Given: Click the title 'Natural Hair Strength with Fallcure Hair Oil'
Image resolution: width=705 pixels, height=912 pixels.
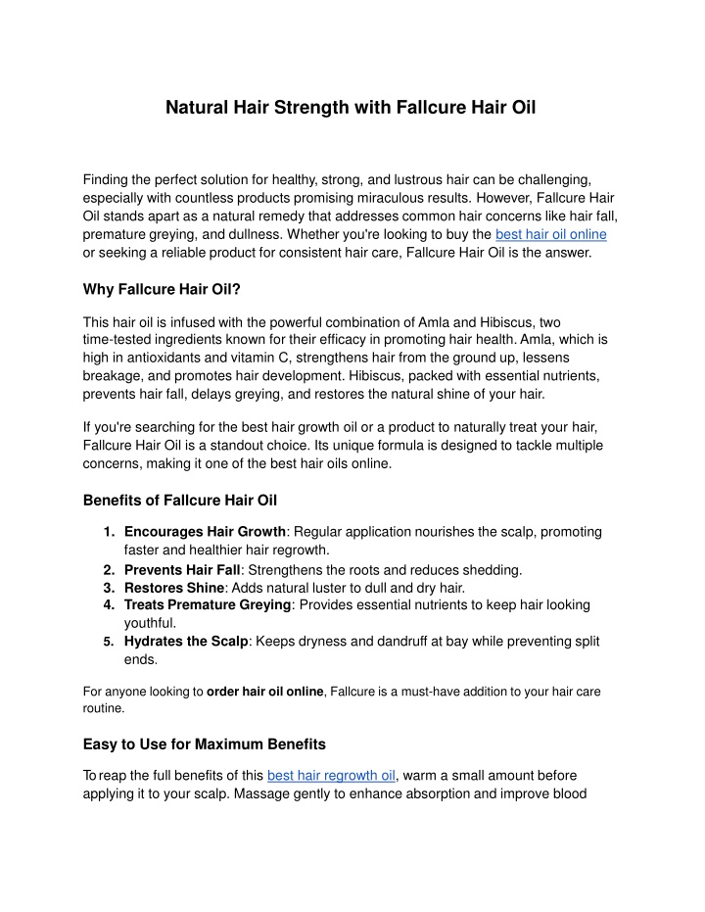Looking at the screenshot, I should point(351,106).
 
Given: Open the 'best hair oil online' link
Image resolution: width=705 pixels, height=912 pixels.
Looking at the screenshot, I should point(551,234).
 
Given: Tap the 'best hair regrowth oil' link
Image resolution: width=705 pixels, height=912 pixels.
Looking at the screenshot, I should point(331,776).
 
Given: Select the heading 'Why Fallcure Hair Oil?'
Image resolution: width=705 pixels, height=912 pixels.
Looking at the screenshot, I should point(162,289).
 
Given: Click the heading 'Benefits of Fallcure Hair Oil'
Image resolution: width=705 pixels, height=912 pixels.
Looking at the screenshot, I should point(180,501).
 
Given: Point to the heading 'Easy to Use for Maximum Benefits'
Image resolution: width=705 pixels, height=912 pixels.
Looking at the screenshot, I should point(205,744).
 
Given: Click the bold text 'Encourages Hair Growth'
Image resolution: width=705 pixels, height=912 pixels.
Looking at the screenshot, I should point(205,532).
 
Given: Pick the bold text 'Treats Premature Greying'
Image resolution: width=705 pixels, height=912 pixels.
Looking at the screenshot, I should point(208,605).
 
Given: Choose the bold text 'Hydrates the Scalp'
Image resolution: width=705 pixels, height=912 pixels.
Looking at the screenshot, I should point(187,641).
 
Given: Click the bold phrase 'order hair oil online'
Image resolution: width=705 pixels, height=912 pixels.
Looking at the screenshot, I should point(265,692).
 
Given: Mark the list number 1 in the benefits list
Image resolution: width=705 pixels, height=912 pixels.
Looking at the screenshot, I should point(107,532).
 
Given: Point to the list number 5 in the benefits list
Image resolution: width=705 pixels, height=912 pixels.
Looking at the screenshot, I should point(107,641).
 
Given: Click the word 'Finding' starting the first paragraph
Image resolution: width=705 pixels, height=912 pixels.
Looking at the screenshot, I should point(109,180).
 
